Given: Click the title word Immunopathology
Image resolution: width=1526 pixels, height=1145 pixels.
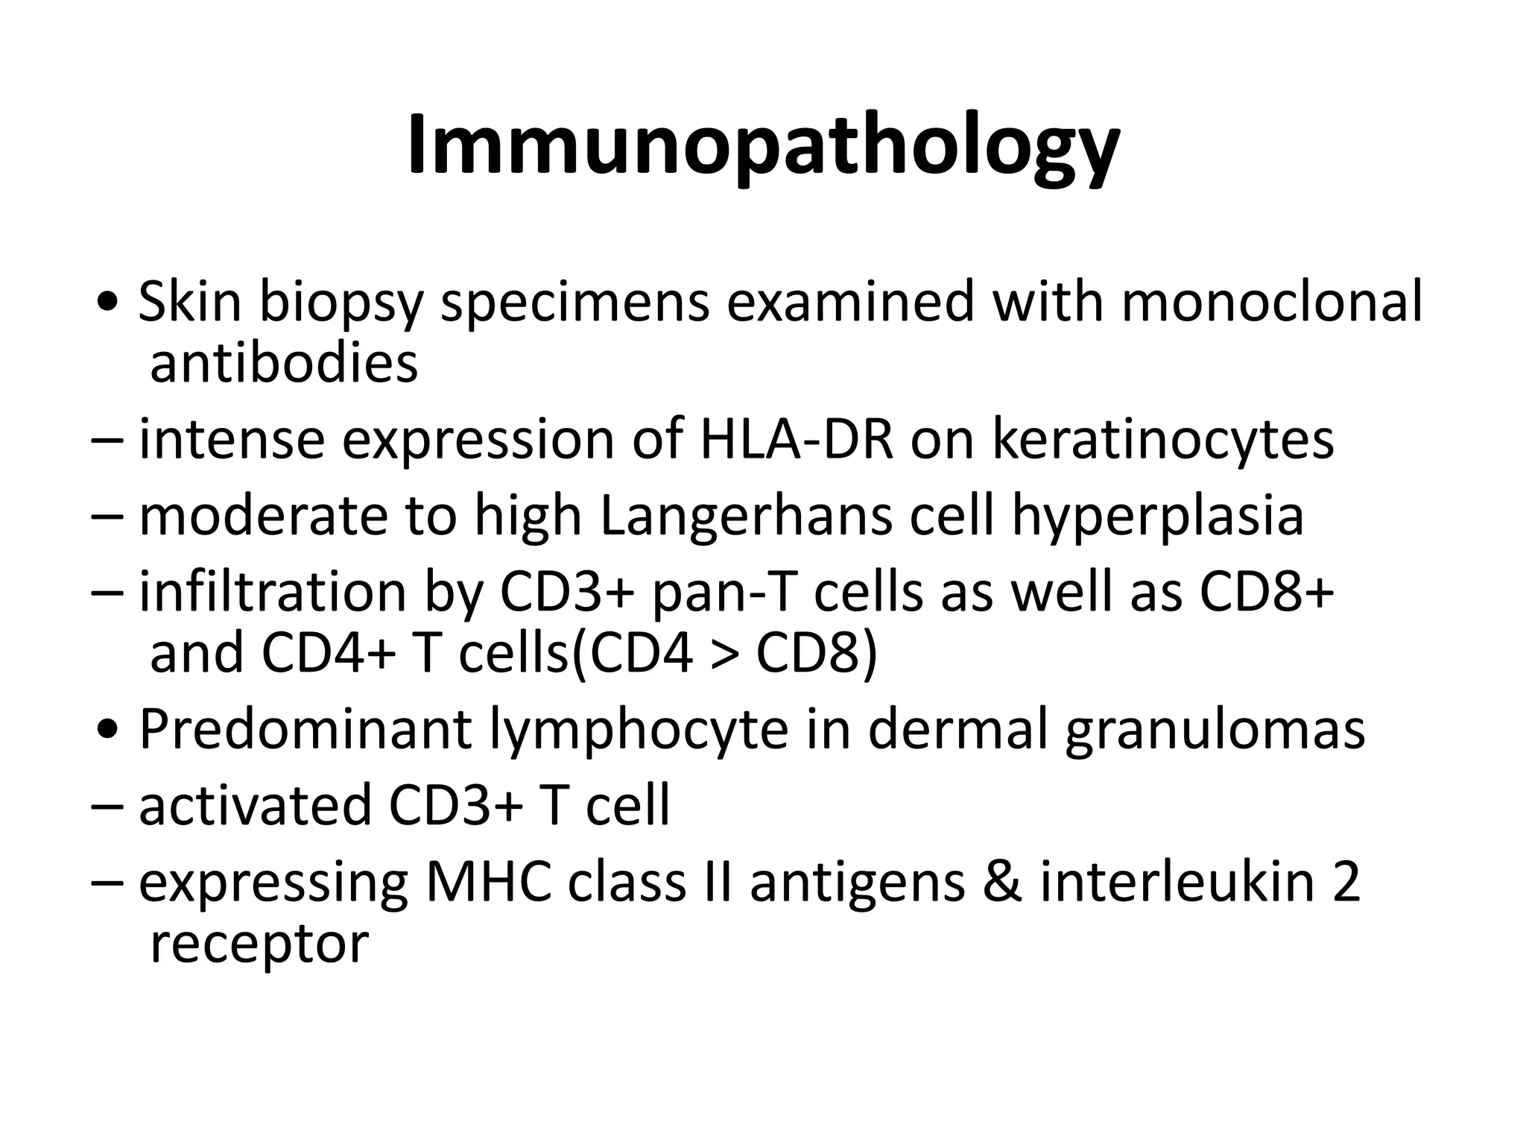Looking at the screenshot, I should pyautogui.click(x=762, y=145).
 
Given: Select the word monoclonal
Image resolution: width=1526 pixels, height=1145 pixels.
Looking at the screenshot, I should pyautogui.click(x=1271, y=302).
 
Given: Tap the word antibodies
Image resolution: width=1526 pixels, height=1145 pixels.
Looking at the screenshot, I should pyautogui.click(x=284, y=363).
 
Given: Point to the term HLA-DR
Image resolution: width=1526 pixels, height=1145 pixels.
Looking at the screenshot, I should pyautogui.click(x=796, y=440).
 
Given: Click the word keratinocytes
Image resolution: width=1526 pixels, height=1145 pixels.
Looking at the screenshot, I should pyautogui.click(x=1163, y=440).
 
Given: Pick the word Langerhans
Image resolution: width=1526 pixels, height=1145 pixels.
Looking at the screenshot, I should pyautogui.click(x=746, y=516).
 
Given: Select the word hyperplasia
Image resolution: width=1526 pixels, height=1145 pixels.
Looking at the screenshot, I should pyautogui.click(x=1157, y=516).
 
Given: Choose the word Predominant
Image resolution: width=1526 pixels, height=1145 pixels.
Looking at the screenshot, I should pyautogui.click(x=305, y=729).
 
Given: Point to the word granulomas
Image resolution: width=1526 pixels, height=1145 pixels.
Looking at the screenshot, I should pyautogui.click(x=1215, y=729).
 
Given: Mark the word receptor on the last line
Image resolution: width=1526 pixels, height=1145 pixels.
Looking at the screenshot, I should pyautogui.click(x=259, y=944).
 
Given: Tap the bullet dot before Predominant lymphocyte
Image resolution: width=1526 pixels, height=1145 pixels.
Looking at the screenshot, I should pyautogui.click(x=109, y=731).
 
